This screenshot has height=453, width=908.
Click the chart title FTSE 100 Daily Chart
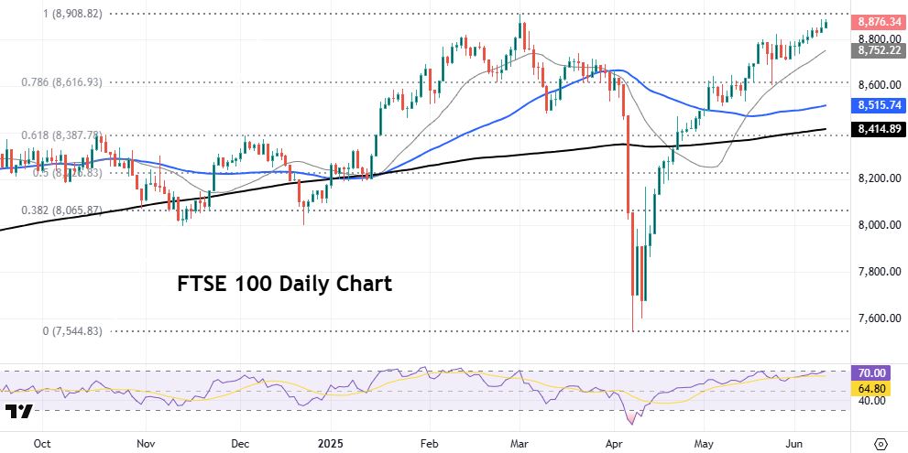284,284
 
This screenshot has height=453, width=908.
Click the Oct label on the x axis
41,442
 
